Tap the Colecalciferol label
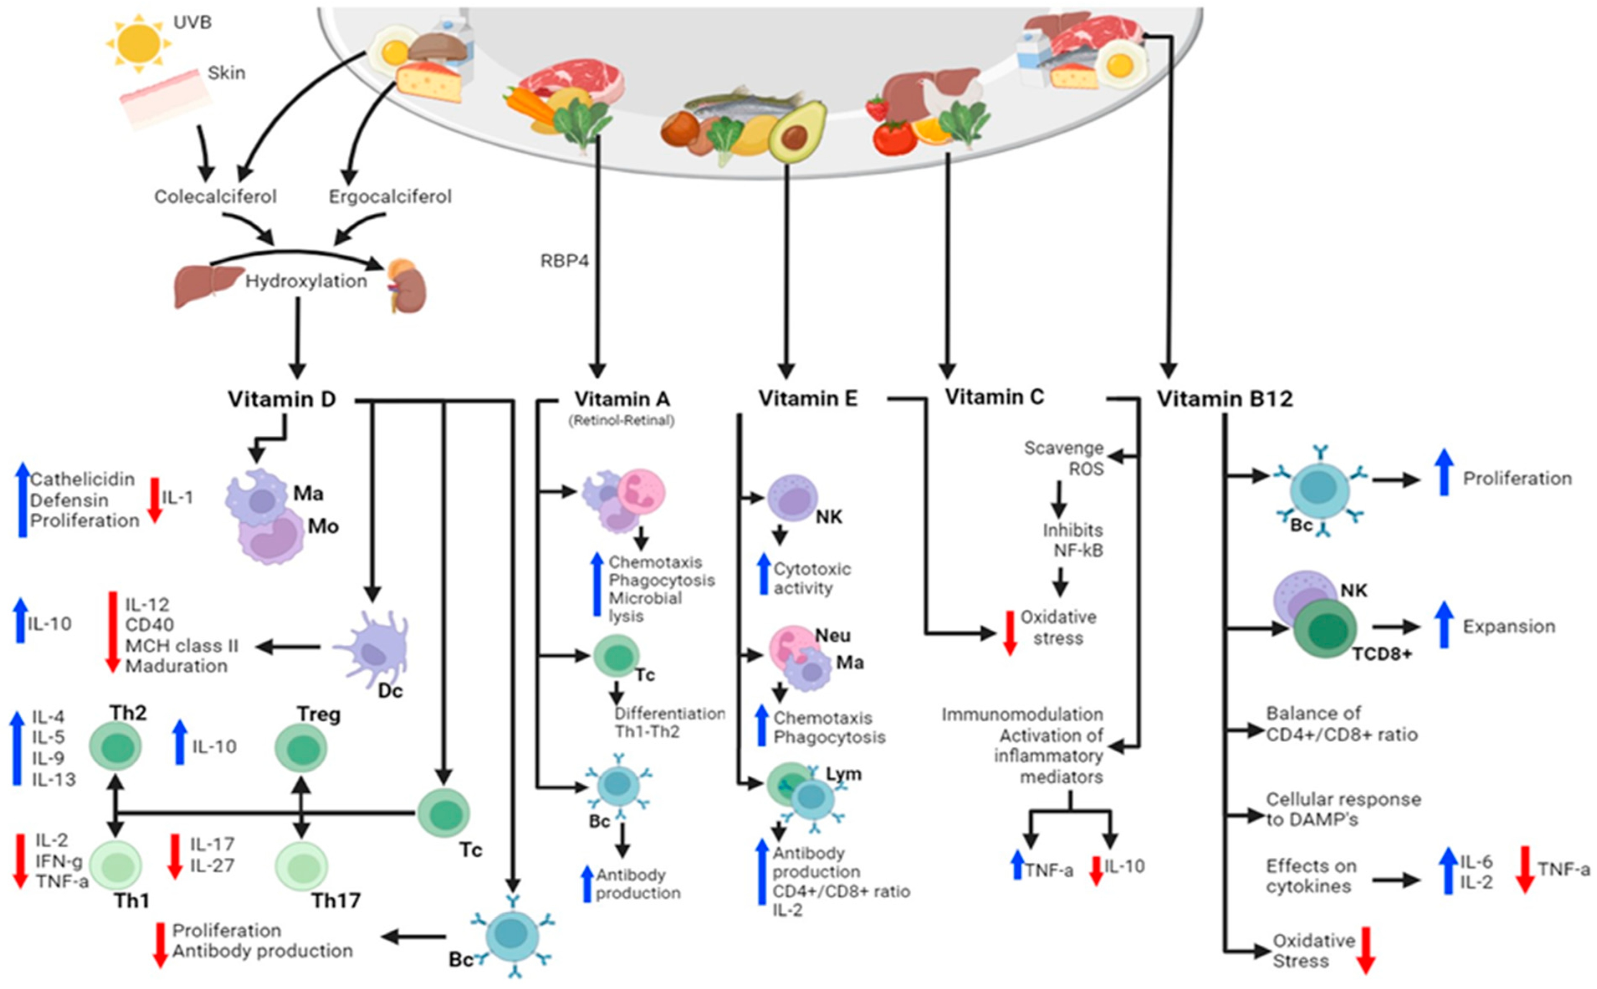click(x=215, y=196)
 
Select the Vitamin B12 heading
click(x=1225, y=399)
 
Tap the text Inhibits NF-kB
click(x=1073, y=540)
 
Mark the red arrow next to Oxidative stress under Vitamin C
click(x=1010, y=633)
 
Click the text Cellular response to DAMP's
click(x=1343, y=809)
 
